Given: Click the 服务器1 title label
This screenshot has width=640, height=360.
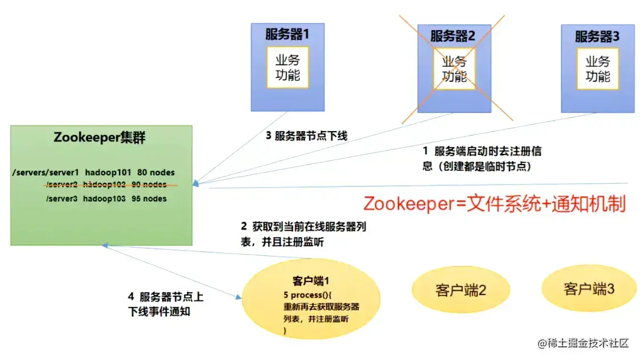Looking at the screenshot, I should click(x=287, y=34).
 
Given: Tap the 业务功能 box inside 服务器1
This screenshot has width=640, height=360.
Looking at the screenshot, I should click(x=288, y=67).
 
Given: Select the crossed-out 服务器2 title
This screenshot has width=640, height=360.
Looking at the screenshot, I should click(x=453, y=36).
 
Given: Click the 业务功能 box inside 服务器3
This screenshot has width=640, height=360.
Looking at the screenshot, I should click(x=598, y=68).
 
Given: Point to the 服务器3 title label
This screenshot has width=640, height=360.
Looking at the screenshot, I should click(x=597, y=37).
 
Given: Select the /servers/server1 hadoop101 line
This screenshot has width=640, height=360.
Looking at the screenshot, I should click(x=93, y=172).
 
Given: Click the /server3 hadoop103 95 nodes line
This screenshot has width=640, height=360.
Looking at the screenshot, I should click(x=106, y=199).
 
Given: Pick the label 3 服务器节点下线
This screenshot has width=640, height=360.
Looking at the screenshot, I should click(x=306, y=136).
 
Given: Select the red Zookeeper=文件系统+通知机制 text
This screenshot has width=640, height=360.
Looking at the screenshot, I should click(x=494, y=203).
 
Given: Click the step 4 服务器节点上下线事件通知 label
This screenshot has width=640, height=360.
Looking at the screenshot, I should click(x=166, y=304).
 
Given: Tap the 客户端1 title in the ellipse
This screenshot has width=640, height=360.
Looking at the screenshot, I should click(x=311, y=281).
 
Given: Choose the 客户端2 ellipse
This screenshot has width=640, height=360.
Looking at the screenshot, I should click(x=461, y=290).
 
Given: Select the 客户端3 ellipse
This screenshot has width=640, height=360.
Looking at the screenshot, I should click(x=589, y=288).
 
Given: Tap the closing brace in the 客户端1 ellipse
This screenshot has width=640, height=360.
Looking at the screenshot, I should click(x=285, y=330).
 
